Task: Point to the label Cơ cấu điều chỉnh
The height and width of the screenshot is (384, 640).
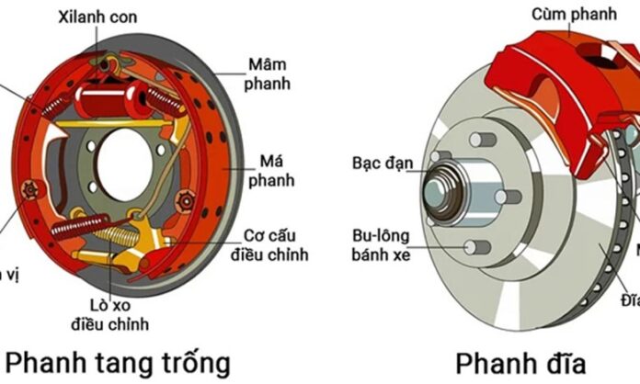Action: point(276,244)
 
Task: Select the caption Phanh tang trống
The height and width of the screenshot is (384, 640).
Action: point(117,359)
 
